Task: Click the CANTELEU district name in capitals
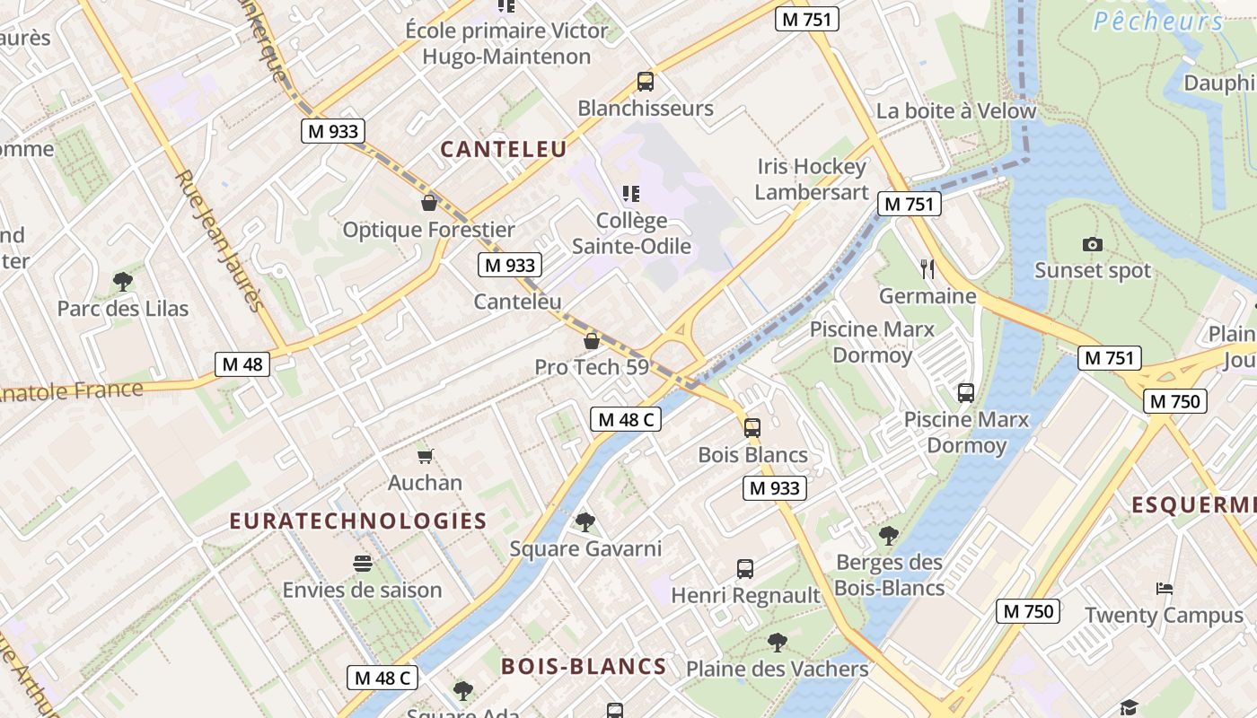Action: pos(504,149)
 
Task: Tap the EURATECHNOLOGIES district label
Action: pos(358,521)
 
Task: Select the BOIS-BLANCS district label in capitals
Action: pos(584,666)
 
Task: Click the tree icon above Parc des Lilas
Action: pos(123,282)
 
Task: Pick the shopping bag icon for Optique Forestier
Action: pos(429,203)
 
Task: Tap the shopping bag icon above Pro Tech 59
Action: pos(592,341)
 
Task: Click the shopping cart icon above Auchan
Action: pos(426,456)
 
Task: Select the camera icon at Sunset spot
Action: pos(1093,244)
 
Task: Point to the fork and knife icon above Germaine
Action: pos(927,268)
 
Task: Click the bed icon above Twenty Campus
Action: pos(1165,589)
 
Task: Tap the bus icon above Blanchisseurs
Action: pos(645,82)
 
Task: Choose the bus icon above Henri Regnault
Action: pos(745,568)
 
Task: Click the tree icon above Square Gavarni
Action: pos(585,521)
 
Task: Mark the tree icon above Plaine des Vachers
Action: pos(778,642)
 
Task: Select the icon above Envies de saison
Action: pos(363,564)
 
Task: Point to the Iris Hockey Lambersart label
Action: pos(812,179)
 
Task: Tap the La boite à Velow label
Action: pos(956,111)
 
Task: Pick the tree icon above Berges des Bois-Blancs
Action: pos(889,536)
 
